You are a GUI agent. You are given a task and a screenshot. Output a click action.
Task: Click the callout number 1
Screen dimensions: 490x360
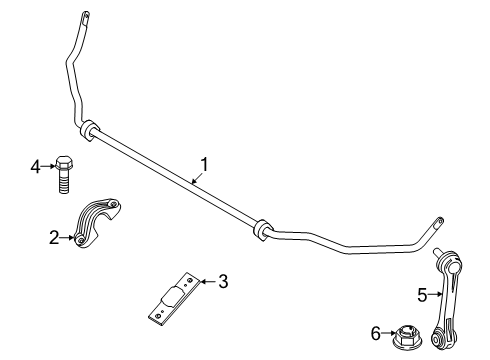point(205,163)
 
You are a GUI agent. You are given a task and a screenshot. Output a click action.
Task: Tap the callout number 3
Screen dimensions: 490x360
point(222,283)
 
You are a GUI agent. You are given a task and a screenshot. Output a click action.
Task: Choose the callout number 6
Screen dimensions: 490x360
point(376,332)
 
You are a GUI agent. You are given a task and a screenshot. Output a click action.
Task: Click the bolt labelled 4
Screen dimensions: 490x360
point(64,176)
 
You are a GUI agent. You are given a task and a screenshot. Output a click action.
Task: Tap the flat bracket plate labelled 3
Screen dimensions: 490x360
point(173,298)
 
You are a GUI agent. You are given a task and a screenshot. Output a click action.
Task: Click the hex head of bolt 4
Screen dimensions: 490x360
point(64,162)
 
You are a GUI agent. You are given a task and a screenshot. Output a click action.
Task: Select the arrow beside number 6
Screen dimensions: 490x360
point(389,332)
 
